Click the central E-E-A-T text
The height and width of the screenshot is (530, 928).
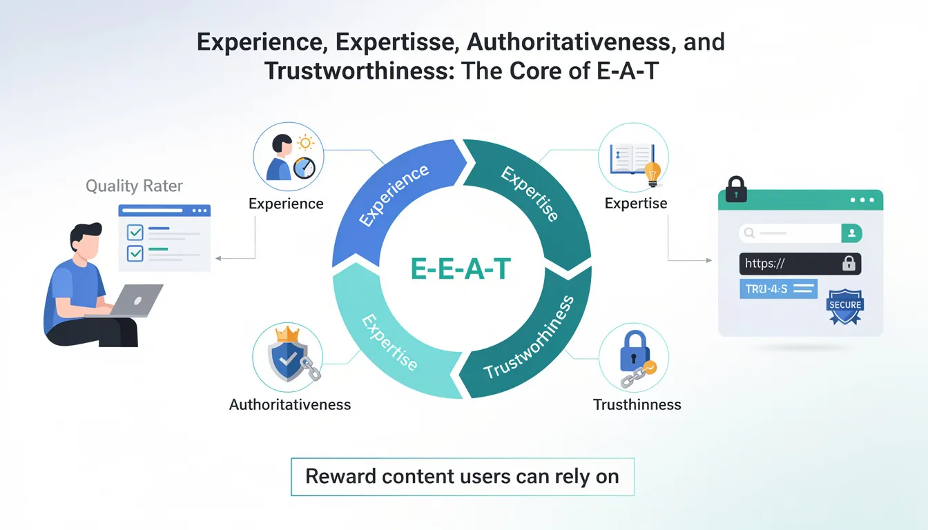(x=460, y=269)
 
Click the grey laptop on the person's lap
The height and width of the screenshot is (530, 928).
(x=138, y=301)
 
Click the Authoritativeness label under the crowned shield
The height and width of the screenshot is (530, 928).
(x=290, y=404)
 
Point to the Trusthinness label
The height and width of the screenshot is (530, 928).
(x=637, y=404)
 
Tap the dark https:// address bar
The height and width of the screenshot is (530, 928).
(x=800, y=263)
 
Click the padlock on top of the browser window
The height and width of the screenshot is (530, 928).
(x=736, y=188)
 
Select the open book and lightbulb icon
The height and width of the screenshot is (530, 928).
(x=634, y=159)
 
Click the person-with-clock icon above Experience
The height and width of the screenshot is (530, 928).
(x=288, y=158)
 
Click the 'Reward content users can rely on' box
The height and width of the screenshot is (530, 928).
(x=462, y=476)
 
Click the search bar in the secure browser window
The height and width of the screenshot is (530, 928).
(x=790, y=233)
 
